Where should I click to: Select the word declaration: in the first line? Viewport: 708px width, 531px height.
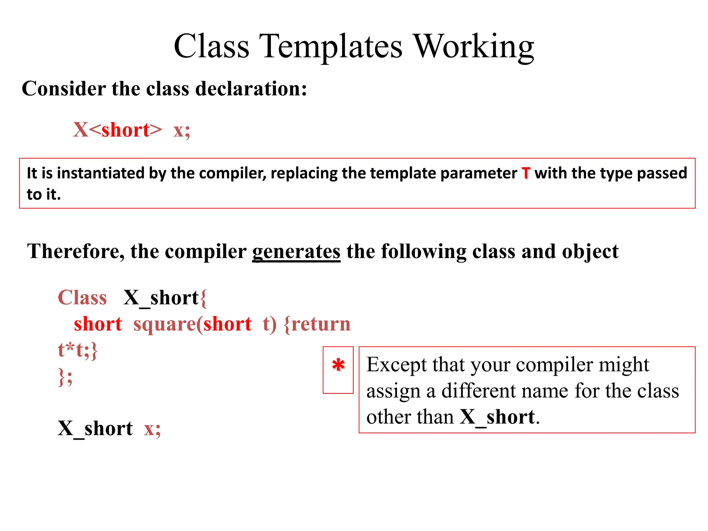pyautogui.click(x=251, y=89)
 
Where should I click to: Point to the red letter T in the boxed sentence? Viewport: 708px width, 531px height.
pyautogui.click(x=526, y=173)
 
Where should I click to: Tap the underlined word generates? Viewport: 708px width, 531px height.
pyautogui.click(x=296, y=251)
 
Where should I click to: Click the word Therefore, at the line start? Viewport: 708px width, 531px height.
pyautogui.click(x=76, y=251)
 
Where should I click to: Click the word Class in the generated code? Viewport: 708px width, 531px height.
pyautogui.click(x=82, y=298)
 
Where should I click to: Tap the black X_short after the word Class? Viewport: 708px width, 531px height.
pyautogui.click(x=161, y=298)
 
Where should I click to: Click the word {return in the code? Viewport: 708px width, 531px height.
pyautogui.click(x=317, y=324)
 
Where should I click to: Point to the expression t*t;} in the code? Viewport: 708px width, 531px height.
pyautogui.click(x=78, y=350)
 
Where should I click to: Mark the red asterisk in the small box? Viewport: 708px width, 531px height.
pyautogui.click(x=338, y=366)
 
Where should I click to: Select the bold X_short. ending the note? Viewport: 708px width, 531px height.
pyautogui.click(x=500, y=417)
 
